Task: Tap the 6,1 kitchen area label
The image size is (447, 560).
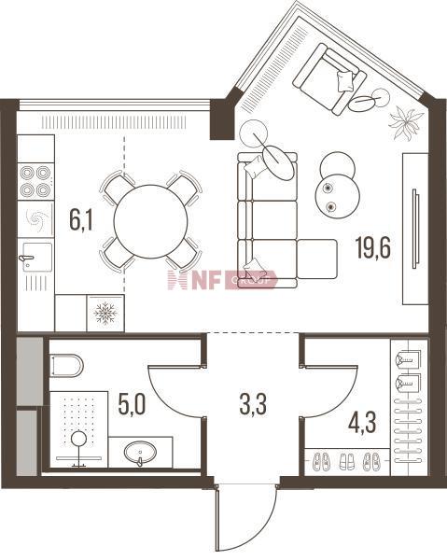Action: pos(81,221)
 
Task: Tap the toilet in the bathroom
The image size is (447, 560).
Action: pos(67,364)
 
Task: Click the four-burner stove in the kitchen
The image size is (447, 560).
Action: pos(35,180)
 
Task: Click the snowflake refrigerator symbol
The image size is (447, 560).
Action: pos(105,313)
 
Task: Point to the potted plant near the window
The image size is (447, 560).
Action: pos(406,119)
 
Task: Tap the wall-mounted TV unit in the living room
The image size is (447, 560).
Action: pos(414,229)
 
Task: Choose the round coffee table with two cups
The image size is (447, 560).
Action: pos(336,184)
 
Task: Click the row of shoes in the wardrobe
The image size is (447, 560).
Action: pos(345,460)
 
